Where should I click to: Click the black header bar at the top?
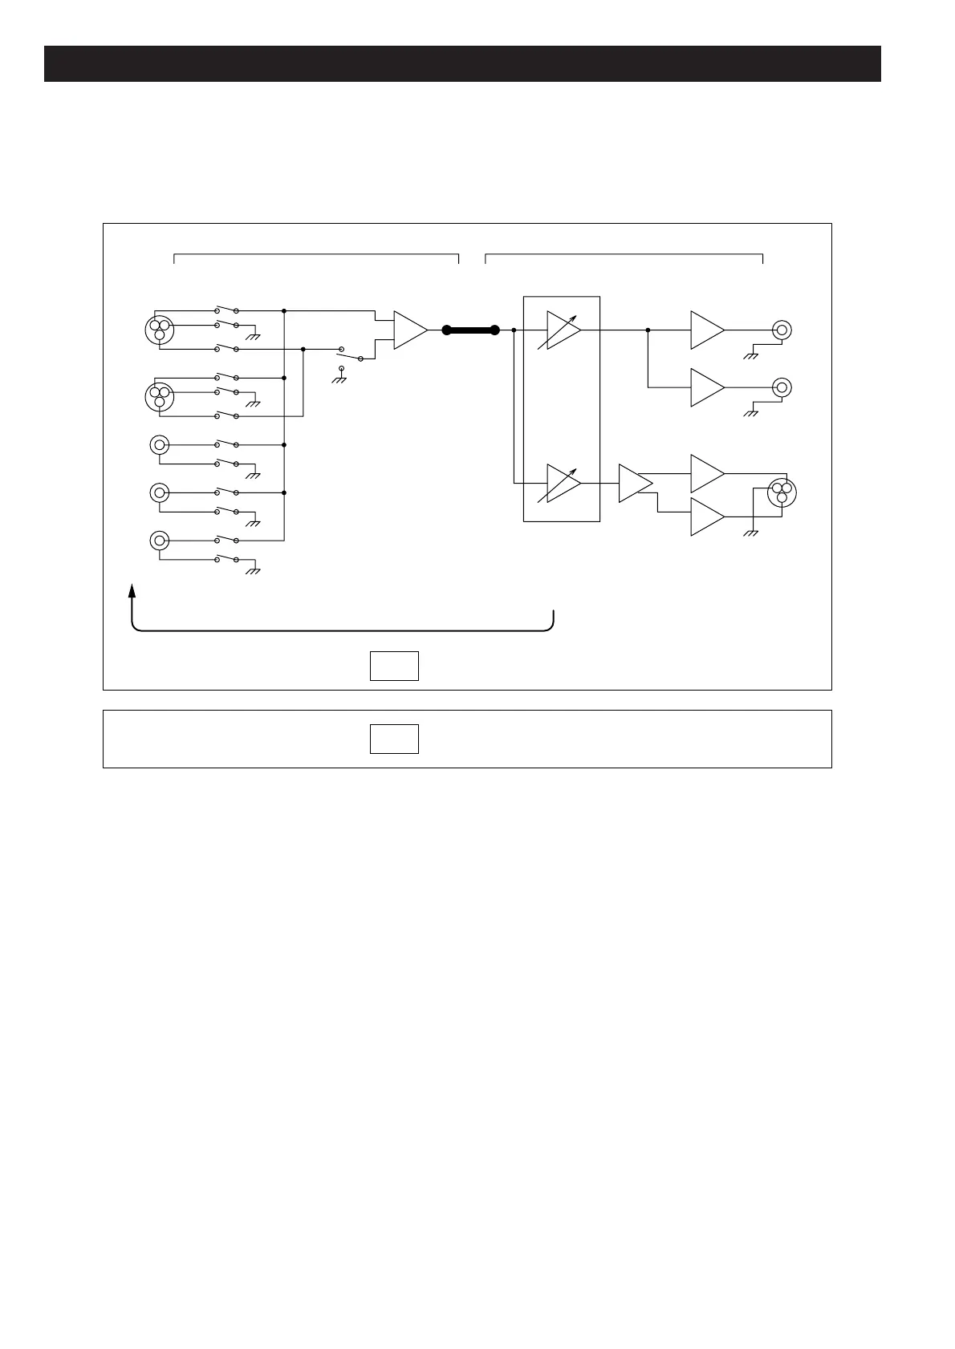pos(462,64)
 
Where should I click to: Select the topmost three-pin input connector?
pos(160,329)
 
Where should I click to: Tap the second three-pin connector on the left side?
pos(160,396)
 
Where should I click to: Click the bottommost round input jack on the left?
pos(160,541)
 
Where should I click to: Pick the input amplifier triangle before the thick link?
pos(409,330)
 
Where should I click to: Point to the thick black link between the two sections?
pos(471,330)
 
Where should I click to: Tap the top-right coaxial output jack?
pos(782,330)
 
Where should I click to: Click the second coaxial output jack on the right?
pos(782,387)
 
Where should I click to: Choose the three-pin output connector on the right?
pos(781,492)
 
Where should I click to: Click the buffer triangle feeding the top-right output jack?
pos(706,330)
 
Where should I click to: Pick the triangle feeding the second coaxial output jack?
pos(706,387)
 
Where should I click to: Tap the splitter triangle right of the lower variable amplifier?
pos(634,483)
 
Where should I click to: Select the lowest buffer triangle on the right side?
pos(706,517)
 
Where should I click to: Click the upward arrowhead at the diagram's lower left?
pos(132,591)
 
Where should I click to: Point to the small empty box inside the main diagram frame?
pos(394,666)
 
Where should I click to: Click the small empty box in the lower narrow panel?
pos(394,739)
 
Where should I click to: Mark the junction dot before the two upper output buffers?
pos(648,330)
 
